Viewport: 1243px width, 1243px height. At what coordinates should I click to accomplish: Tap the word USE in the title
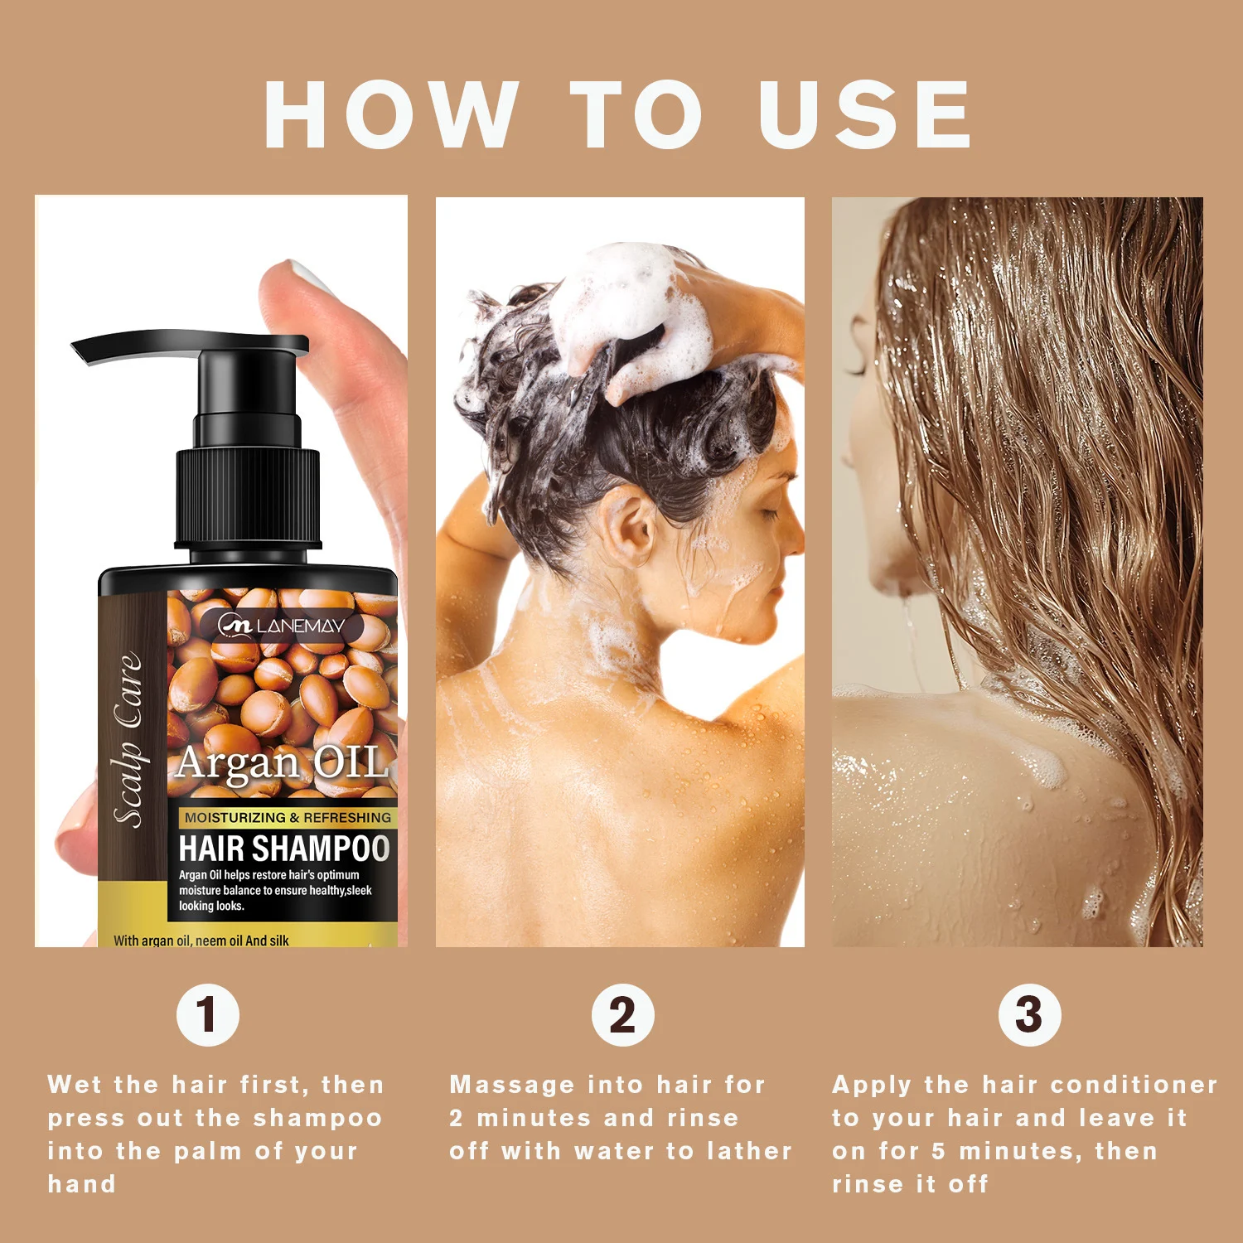(x=864, y=114)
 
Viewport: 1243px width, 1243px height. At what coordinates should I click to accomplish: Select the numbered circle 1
(x=208, y=1015)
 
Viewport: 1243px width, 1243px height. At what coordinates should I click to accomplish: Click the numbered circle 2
(x=622, y=1015)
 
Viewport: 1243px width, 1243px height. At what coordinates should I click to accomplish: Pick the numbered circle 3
(x=1029, y=1015)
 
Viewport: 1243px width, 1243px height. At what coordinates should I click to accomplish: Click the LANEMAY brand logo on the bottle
(x=282, y=626)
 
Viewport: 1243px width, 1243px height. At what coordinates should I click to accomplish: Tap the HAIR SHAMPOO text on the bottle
(x=284, y=849)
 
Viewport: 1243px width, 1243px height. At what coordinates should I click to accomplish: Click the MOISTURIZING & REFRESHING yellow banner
(x=288, y=817)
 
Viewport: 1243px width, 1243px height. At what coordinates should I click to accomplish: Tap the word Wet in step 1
(x=75, y=1084)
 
